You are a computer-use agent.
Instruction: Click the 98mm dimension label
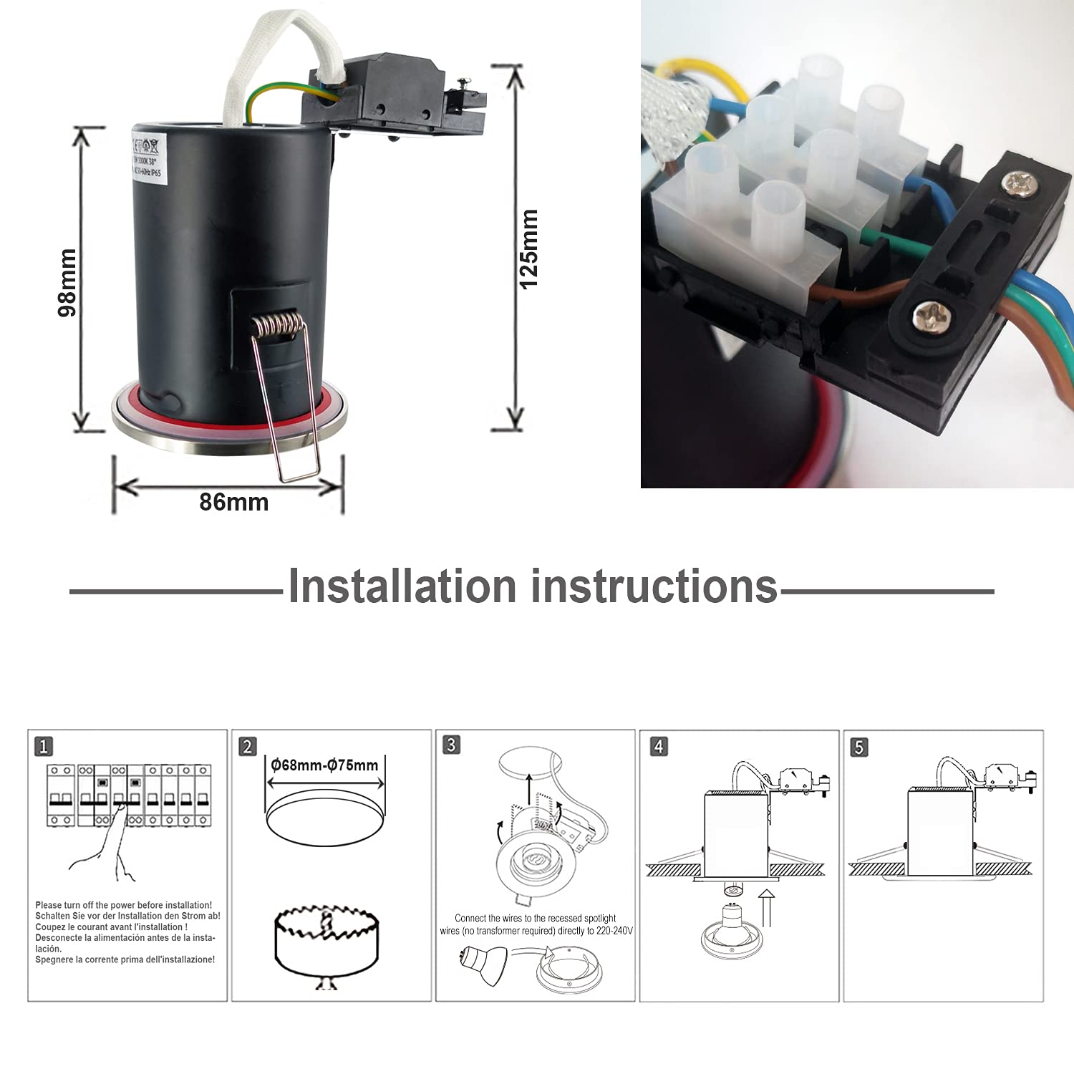tap(67, 282)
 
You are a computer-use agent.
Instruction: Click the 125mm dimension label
tap(528, 248)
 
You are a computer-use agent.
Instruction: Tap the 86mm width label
tap(233, 502)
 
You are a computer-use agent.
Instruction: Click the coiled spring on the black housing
tap(278, 326)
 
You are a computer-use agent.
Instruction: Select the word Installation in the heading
tap(402, 586)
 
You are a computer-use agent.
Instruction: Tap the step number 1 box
tap(44, 746)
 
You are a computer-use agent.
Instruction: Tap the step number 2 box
tap(248, 746)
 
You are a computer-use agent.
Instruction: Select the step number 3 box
tap(451, 745)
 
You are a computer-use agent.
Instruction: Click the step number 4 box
tap(658, 746)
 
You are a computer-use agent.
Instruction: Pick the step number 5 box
tap(859, 747)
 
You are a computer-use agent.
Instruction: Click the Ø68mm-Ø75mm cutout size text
tap(324, 765)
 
